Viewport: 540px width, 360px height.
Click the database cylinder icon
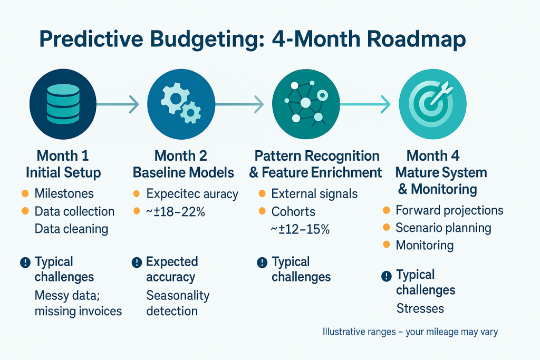(x=63, y=104)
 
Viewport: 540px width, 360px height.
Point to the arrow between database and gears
(x=118, y=104)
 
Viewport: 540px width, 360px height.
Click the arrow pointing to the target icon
(x=365, y=104)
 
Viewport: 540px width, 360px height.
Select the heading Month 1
(x=63, y=155)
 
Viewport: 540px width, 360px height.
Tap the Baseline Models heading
(x=183, y=172)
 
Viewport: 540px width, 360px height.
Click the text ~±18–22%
(x=175, y=212)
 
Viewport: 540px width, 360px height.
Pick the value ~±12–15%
(x=300, y=229)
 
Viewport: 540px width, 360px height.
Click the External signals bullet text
(x=314, y=194)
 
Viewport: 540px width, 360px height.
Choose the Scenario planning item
(x=443, y=228)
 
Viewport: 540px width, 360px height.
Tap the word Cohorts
(x=293, y=211)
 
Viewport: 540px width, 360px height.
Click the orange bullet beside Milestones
(x=25, y=193)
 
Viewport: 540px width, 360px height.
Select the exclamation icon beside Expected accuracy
(x=137, y=262)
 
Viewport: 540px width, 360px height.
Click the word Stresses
(x=420, y=308)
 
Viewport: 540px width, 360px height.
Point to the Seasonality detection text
(x=178, y=303)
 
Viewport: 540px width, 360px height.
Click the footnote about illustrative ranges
(x=410, y=332)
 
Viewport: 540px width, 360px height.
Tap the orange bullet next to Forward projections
(x=387, y=210)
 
